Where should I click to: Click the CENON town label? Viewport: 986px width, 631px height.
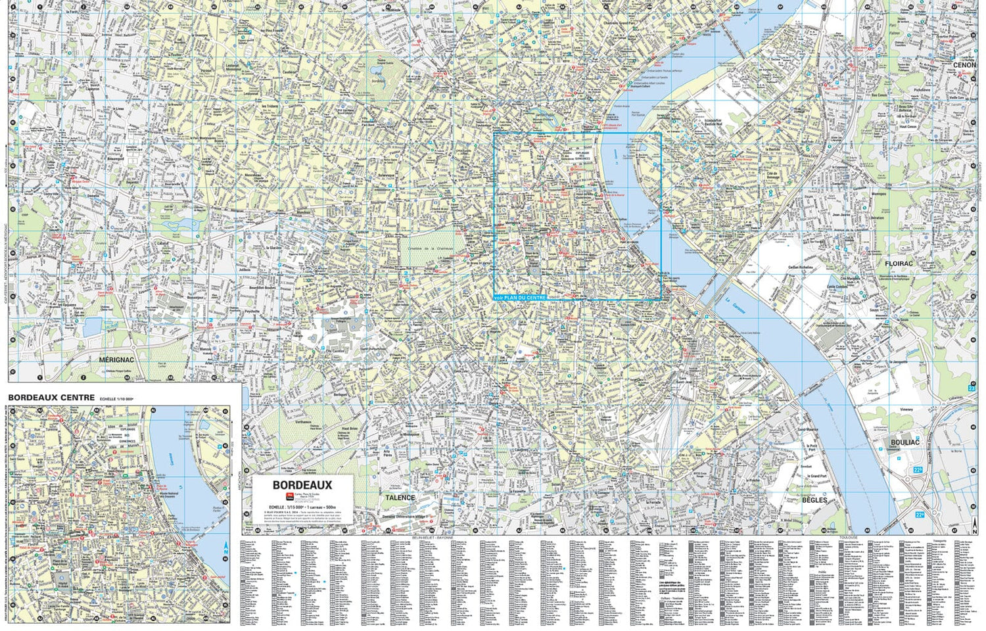[x=964, y=65]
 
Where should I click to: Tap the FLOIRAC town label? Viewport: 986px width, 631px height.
[x=899, y=263]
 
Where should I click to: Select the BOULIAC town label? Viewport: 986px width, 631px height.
[x=905, y=442]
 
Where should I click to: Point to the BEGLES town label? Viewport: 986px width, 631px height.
[x=814, y=500]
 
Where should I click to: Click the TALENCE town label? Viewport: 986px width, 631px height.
[x=400, y=498]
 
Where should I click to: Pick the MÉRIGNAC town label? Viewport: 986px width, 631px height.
[x=116, y=360]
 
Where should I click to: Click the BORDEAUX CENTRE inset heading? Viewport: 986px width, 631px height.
[x=51, y=398]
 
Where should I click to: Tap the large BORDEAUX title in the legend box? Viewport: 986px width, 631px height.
[x=302, y=485]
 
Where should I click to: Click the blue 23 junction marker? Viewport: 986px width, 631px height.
[x=972, y=388]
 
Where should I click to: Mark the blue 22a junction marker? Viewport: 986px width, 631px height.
[x=918, y=514]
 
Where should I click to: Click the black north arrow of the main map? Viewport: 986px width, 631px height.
[x=974, y=526]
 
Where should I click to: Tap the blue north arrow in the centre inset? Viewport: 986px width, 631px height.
[x=225, y=547]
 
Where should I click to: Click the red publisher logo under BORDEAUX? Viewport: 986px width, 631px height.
[x=288, y=497]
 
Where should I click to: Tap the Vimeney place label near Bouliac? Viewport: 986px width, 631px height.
[x=906, y=409]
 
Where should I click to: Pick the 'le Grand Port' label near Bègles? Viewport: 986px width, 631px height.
[x=818, y=475]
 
